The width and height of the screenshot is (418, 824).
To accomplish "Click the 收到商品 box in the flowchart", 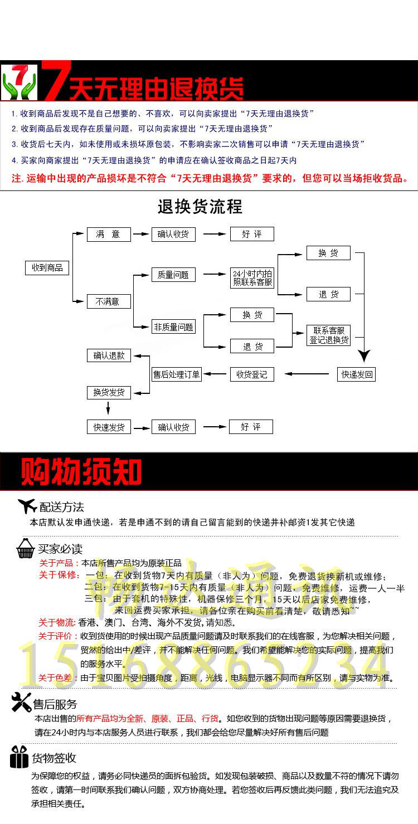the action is [47, 267].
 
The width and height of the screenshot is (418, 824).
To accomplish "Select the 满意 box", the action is [109, 234].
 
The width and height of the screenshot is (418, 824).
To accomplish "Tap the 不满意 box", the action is [109, 301].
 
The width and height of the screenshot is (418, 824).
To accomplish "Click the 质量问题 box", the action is [173, 275].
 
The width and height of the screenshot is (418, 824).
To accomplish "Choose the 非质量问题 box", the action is [173, 328].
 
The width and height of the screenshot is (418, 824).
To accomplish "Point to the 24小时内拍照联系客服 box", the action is [252, 278].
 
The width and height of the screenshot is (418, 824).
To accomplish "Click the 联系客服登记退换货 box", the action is [329, 335].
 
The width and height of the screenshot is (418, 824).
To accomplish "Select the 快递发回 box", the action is [357, 374].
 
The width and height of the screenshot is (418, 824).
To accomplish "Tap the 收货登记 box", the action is [252, 374].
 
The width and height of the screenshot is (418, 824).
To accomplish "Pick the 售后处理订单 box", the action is [177, 374].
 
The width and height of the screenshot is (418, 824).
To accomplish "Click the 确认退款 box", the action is [109, 355].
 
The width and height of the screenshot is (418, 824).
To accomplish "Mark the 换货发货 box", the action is [109, 393].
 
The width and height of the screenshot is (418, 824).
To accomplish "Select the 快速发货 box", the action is [109, 427].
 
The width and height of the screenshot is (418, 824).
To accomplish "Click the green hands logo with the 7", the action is [20, 81].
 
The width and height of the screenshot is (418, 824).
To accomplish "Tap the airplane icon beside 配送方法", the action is [27, 506].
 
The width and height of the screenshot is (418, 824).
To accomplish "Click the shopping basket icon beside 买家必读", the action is [26, 548].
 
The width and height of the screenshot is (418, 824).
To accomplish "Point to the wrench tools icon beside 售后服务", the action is [21, 703].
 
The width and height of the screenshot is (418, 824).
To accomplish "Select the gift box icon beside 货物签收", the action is [19, 757].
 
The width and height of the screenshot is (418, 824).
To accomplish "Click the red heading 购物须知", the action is [81, 472].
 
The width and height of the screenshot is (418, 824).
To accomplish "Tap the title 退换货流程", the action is [200, 207].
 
